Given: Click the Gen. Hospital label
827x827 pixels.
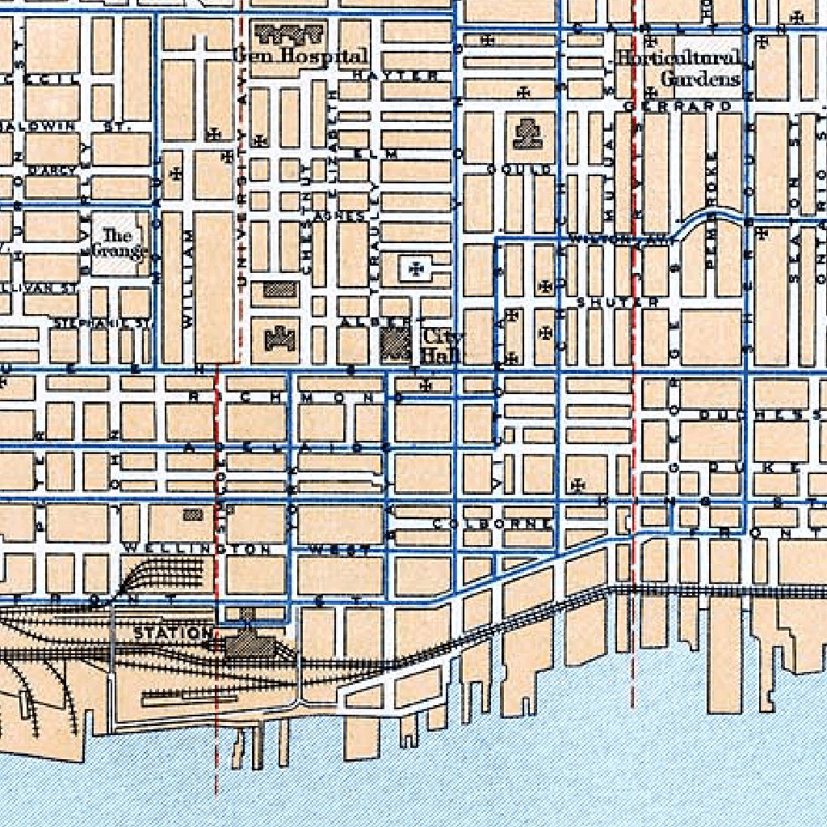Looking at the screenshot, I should coord(300,57).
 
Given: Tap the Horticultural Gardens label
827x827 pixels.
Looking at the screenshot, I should coord(678,68).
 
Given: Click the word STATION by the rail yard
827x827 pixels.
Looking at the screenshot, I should coord(173,632).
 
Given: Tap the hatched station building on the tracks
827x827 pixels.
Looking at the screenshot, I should coord(247,644).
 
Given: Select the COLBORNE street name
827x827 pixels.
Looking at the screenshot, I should coord(492,523).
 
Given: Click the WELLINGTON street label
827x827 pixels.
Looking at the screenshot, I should coord(197,549).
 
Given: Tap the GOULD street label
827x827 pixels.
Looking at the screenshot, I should coord(519,169).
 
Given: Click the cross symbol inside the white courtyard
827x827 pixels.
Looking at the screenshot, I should coord(417,267).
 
